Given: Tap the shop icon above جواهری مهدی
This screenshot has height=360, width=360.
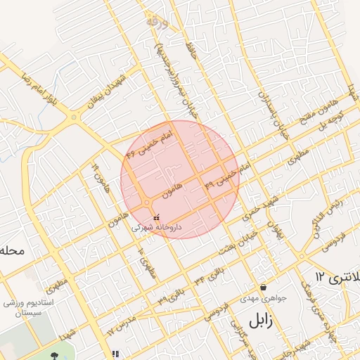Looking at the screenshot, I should pos(263,287).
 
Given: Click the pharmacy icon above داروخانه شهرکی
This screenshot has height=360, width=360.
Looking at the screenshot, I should pos(156,219).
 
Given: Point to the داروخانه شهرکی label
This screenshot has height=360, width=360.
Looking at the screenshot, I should pos(159,229).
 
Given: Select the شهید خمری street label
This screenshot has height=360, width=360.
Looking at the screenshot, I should pos(261,204).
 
